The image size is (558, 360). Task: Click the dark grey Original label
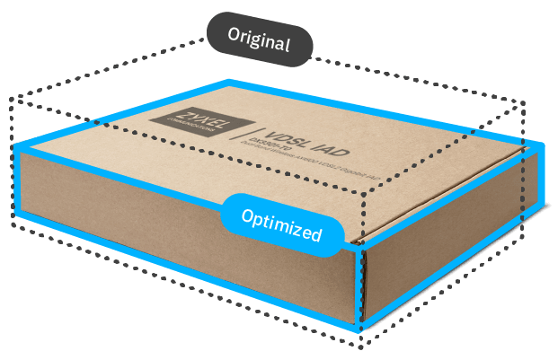coord(260,40)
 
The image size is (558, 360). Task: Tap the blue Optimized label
coord(282,224)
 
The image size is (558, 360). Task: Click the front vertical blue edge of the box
coord(360,287)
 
